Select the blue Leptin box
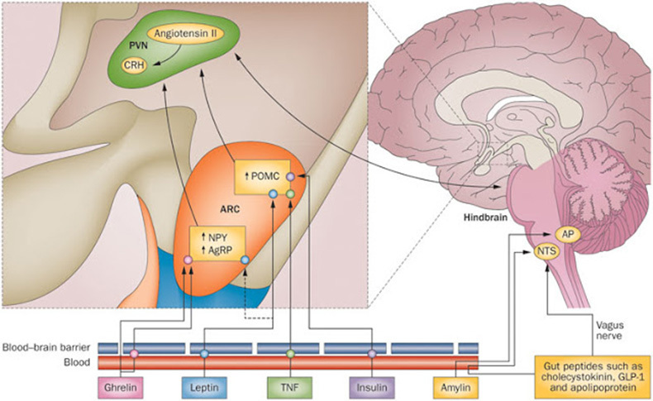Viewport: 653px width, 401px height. tap(204, 388)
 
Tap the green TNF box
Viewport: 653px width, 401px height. tap(289, 388)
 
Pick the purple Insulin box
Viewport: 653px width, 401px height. tap(372, 388)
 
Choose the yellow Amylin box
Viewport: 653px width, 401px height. tap(456, 388)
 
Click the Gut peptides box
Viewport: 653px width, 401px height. tap(593, 377)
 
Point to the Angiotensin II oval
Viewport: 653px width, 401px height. tap(185, 33)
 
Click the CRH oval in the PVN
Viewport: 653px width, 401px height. tap(134, 64)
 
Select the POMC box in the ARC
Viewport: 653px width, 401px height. tap(263, 177)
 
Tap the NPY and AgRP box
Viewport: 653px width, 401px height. tap(217, 244)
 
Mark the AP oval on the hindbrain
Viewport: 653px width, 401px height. tap(567, 235)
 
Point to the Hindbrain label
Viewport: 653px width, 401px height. tap(485, 217)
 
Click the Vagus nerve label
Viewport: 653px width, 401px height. tap(609, 330)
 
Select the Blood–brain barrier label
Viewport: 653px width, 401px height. tap(46, 347)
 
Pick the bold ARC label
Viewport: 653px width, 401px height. tap(230, 209)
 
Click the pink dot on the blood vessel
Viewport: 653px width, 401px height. tap(134, 354)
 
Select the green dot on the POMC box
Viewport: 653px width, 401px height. tap(291, 193)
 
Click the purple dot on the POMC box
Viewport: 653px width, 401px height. tap(291, 177)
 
